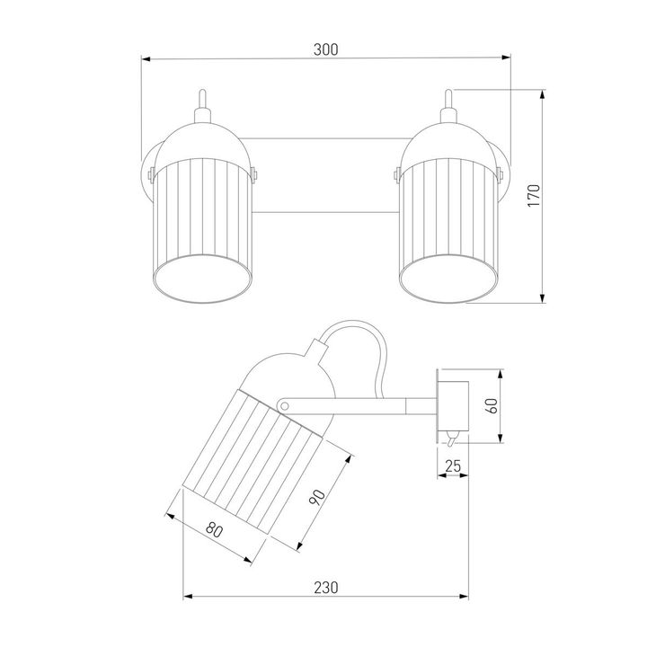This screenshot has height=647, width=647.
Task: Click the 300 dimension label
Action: tap(325, 49)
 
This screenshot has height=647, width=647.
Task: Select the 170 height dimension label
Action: tap(534, 196)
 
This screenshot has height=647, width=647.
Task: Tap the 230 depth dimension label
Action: tap(326, 587)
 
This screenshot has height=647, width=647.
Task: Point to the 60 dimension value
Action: tap(492, 405)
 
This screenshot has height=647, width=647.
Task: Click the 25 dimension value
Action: tap(453, 465)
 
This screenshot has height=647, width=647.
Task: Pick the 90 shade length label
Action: tap(317, 497)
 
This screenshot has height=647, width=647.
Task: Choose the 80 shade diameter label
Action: tap(214, 530)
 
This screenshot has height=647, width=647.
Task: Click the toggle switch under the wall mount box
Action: tap(452, 439)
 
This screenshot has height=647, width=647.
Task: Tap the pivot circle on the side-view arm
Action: tap(283, 406)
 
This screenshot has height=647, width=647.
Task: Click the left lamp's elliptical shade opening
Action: tap(202, 279)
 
